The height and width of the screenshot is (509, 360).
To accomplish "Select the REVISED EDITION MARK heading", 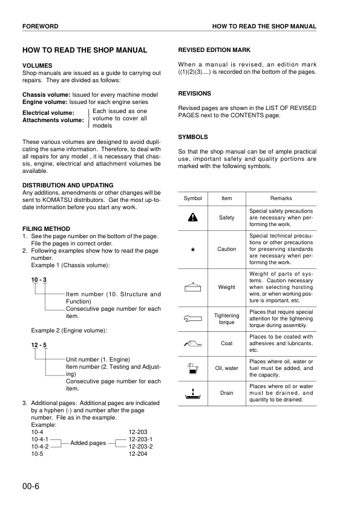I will [214, 50].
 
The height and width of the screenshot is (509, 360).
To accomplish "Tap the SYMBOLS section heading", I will [193, 137].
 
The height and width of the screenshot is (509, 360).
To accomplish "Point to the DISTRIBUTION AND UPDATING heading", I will [67, 185].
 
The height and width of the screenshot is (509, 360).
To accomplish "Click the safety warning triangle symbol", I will [193, 218].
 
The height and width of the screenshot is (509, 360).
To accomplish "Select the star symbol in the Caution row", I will [193, 249].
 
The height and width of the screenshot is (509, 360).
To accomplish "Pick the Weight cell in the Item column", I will [227, 287].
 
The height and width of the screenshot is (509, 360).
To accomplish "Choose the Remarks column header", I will [281, 198].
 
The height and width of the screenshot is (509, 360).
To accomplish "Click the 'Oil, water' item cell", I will [227, 368].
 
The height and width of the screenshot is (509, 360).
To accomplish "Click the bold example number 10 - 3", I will [39, 279].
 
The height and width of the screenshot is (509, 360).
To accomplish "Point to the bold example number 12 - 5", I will [39, 345].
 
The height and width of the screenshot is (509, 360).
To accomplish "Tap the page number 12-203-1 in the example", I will [141, 439].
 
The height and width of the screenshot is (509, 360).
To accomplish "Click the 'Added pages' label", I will [88, 443].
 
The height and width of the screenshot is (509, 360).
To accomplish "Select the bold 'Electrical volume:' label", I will [48, 112].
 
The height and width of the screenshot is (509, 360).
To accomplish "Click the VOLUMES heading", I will [37, 65].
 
